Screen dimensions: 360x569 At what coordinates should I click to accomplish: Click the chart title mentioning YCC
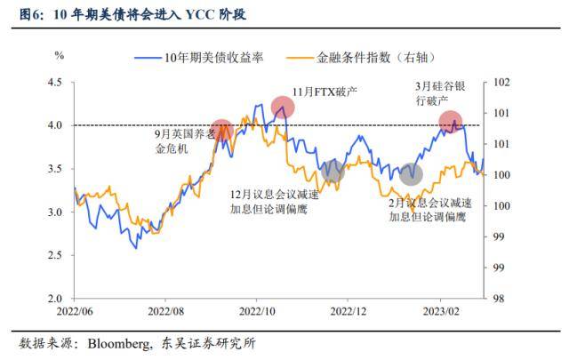133,15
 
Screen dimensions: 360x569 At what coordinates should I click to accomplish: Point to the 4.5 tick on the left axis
54,82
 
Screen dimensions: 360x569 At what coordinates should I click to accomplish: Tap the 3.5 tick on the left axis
54,169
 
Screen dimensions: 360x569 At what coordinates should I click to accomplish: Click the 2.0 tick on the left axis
54,299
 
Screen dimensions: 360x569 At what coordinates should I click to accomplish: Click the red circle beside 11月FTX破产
283,108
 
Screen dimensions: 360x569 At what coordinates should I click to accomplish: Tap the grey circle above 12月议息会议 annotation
333,172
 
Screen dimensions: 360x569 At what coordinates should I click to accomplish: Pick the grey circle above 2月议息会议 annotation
410,174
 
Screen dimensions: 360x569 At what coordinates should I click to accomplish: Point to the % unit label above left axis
60,55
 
